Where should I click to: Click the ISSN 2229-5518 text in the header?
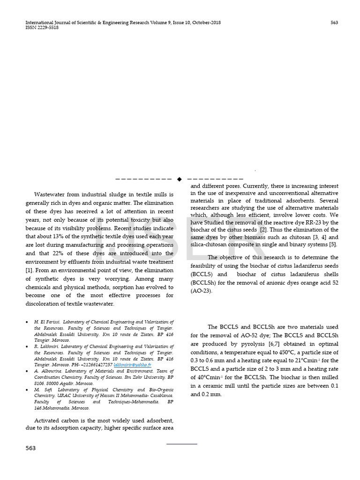[x=42, y=28]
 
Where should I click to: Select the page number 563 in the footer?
[x=31, y=448]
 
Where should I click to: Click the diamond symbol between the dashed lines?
[x=179, y=179]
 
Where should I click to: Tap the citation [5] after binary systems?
[x=333, y=244]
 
